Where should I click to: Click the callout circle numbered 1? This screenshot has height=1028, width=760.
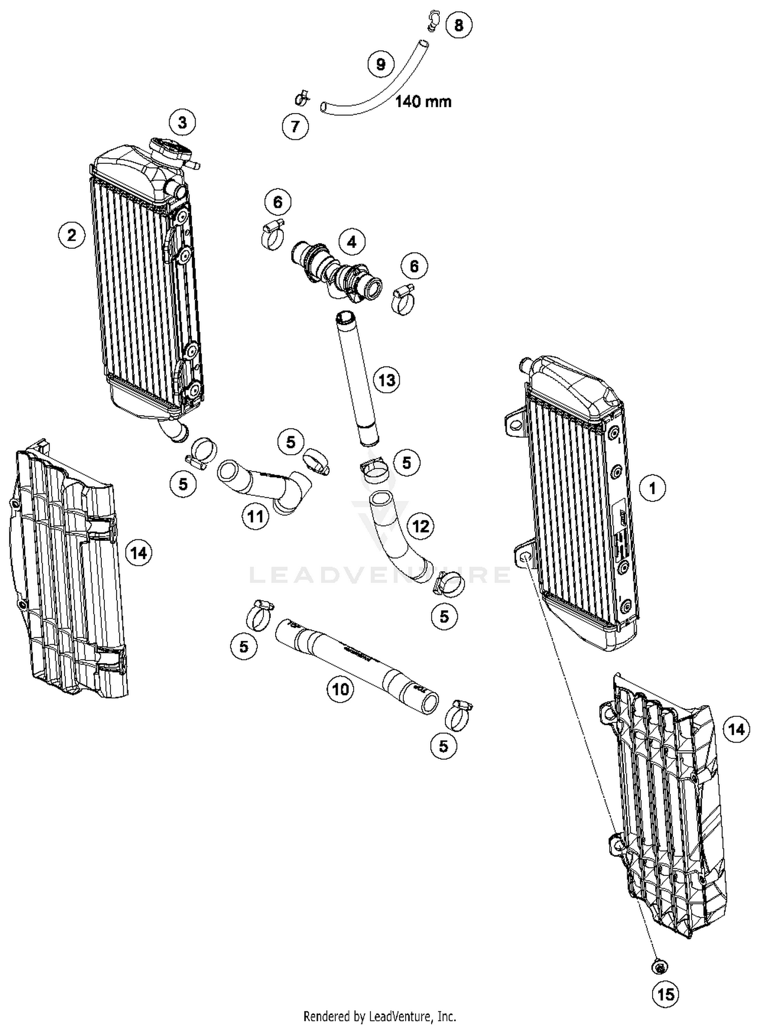[x=652, y=488]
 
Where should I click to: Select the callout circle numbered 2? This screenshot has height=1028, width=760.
[x=71, y=235]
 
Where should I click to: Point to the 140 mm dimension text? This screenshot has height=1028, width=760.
[x=423, y=101]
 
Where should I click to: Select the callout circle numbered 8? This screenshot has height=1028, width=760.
[x=459, y=25]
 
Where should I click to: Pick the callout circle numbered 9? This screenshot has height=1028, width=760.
[x=381, y=64]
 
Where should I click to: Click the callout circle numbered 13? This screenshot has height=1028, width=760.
[x=387, y=380]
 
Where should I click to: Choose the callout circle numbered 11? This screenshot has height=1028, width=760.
[x=255, y=517]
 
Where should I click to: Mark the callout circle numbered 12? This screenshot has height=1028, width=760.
[x=421, y=526]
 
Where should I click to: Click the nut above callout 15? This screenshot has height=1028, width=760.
[x=660, y=967]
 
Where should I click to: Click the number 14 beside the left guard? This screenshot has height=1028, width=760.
[x=138, y=553]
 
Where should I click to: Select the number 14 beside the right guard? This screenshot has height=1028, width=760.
[x=736, y=729]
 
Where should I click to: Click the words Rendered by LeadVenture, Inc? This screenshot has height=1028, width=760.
[x=379, y=1016]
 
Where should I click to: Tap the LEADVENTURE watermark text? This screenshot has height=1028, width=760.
[x=380, y=574]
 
